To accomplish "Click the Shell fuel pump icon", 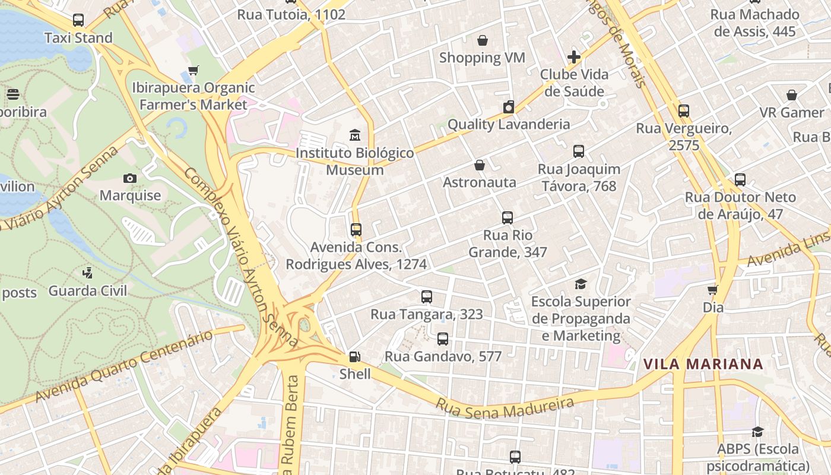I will click(x=354, y=357).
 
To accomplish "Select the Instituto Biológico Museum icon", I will click(x=355, y=135).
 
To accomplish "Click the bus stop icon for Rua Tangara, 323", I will click(x=426, y=297).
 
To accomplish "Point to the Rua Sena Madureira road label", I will click(x=505, y=408).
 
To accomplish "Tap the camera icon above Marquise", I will click(x=129, y=178).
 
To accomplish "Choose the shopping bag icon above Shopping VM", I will click(x=482, y=40).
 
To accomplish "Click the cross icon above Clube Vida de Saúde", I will click(x=573, y=57).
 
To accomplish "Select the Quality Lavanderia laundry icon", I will click(x=508, y=107).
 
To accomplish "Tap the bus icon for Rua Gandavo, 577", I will click(x=442, y=339).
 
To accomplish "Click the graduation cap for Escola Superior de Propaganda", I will click(x=581, y=284).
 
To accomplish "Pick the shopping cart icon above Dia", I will click(x=712, y=290).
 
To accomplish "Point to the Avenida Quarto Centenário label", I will click(x=123, y=366).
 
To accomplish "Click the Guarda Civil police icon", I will click(x=87, y=273).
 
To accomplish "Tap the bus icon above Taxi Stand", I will click(x=78, y=20).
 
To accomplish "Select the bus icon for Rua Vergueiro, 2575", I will click(x=683, y=111).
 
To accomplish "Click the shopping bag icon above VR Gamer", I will click(x=791, y=95).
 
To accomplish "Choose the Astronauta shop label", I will click(x=480, y=182).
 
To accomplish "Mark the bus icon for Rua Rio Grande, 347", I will click(x=507, y=218).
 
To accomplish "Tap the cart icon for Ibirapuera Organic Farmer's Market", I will click(x=193, y=70).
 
